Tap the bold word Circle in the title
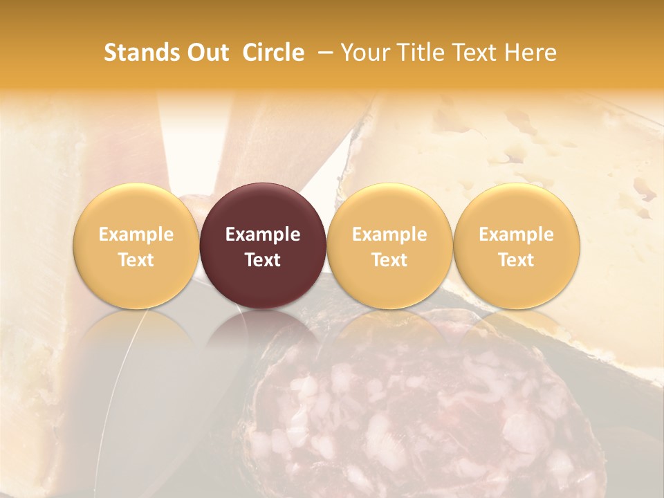(x=273, y=53)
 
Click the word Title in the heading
(x=422, y=53)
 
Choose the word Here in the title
(x=532, y=53)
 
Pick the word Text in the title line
(x=477, y=53)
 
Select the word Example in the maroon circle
(x=263, y=234)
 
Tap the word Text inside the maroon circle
(x=263, y=260)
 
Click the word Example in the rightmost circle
(x=517, y=234)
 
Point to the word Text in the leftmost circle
(x=136, y=260)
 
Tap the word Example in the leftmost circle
(x=136, y=234)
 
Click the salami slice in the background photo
(x=415, y=415)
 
